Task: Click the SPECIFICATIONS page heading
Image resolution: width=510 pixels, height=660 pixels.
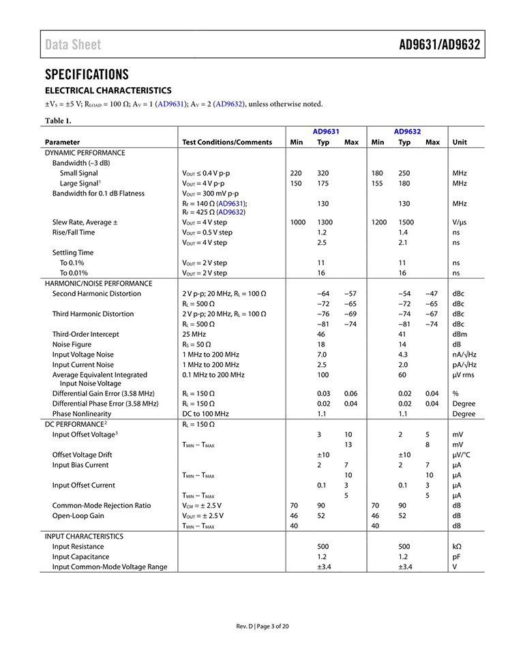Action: click(x=87, y=74)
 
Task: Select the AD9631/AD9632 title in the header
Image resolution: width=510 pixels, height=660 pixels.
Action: click(x=439, y=45)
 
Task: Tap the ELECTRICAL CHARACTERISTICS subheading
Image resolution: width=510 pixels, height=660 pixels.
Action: click(x=108, y=91)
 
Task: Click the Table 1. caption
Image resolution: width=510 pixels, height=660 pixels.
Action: click(x=58, y=121)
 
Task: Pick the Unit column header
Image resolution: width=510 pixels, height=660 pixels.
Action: click(x=460, y=142)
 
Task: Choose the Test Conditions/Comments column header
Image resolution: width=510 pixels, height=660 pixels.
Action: click(x=227, y=142)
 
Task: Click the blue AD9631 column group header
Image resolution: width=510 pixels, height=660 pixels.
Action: click(x=326, y=132)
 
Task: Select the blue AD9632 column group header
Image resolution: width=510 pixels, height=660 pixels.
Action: click(x=407, y=132)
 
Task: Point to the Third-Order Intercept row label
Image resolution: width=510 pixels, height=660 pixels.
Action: click(x=86, y=334)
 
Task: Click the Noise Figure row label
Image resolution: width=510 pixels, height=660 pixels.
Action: click(x=74, y=344)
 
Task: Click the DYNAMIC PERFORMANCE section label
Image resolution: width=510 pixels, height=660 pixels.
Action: click(x=85, y=153)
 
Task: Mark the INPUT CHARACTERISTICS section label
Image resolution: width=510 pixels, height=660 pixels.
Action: click(x=84, y=537)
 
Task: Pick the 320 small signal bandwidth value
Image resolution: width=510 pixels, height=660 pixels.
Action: click(x=323, y=173)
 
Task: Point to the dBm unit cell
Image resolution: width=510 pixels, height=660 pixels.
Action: click(x=460, y=334)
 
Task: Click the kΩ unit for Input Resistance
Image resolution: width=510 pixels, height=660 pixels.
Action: click(x=457, y=546)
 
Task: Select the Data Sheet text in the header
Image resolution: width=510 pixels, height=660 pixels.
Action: click(x=73, y=45)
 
